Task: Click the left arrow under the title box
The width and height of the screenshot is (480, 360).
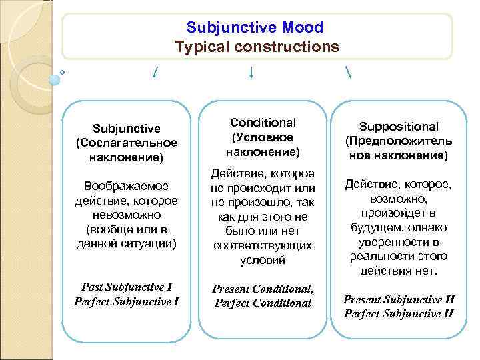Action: click(x=155, y=71)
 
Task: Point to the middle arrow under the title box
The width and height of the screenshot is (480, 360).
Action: click(x=251, y=71)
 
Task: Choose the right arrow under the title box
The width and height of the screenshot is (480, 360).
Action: click(x=349, y=71)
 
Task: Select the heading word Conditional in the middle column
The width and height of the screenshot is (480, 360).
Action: click(x=263, y=123)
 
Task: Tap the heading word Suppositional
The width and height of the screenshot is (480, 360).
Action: click(x=399, y=127)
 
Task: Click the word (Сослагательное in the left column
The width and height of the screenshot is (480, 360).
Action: click(x=127, y=143)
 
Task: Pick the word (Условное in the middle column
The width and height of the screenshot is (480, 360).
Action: click(x=263, y=137)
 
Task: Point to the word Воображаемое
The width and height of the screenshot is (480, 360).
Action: click(x=127, y=185)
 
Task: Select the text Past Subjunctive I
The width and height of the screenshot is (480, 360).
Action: click(x=127, y=287)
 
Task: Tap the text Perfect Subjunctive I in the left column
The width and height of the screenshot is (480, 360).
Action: click(x=127, y=301)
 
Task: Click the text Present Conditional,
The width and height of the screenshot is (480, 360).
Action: click(x=263, y=289)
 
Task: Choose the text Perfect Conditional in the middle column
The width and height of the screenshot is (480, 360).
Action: click(x=263, y=303)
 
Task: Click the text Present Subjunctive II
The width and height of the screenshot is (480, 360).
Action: click(x=399, y=299)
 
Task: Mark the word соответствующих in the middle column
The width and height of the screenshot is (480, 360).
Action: click(x=263, y=246)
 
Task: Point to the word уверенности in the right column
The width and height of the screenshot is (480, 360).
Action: click(x=399, y=242)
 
